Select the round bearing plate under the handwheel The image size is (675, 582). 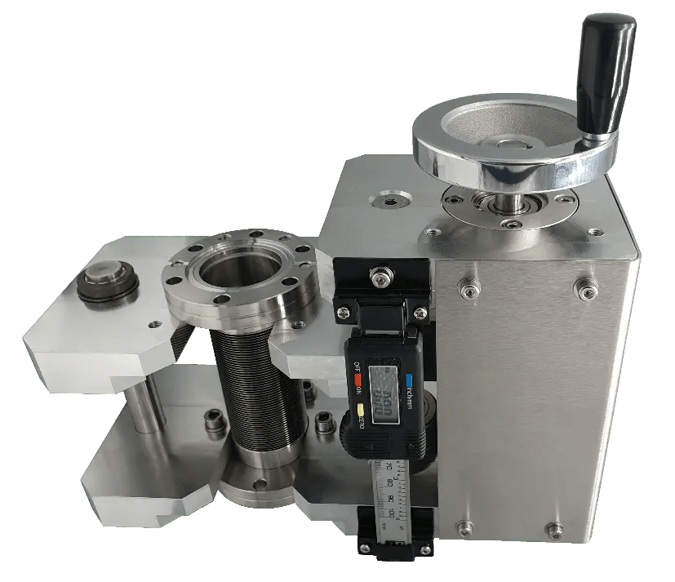click(x=511, y=207)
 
